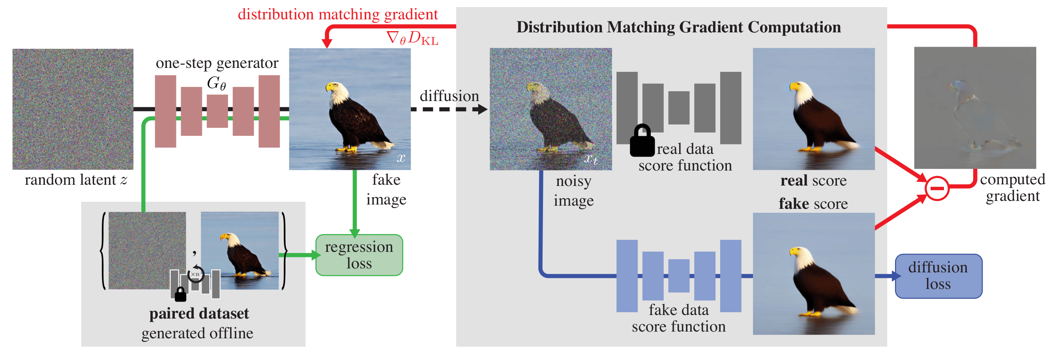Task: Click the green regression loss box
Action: tap(359, 255)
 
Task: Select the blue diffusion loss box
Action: tap(938, 276)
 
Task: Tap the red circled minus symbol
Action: tap(937, 188)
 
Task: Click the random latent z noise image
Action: tap(73, 109)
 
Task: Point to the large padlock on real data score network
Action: tap(642, 141)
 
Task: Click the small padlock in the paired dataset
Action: tap(180, 294)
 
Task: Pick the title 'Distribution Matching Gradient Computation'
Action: tap(678, 27)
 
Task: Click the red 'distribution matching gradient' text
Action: tap(338, 14)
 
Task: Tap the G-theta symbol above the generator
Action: tap(216, 83)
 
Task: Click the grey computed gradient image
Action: tap(975, 107)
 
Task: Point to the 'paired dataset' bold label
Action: tap(199, 314)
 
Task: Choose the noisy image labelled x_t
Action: tap(550, 109)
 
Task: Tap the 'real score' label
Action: tap(813, 180)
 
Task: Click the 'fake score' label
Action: tap(813, 204)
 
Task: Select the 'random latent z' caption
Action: tap(76, 180)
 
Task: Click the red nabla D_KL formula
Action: tap(412, 38)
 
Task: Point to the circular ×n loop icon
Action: tap(196, 274)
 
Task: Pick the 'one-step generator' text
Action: tap(217, 63)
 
